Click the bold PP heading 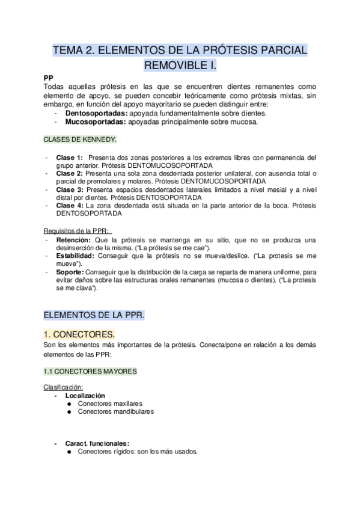(x=49, y=78)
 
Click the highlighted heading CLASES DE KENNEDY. (x=81, y=139)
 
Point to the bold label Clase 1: (x=69, y=158)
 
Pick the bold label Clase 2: (x=69, y=173)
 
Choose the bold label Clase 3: (x=69, y=189)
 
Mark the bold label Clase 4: (x=69, y=205)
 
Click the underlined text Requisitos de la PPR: (x=77, y=232)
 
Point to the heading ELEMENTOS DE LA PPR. (x=94, y=315)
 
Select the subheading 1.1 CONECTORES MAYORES (x=90, y=372)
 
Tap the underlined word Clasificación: (x=63, y=387)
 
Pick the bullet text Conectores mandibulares (x=116, y=412)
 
